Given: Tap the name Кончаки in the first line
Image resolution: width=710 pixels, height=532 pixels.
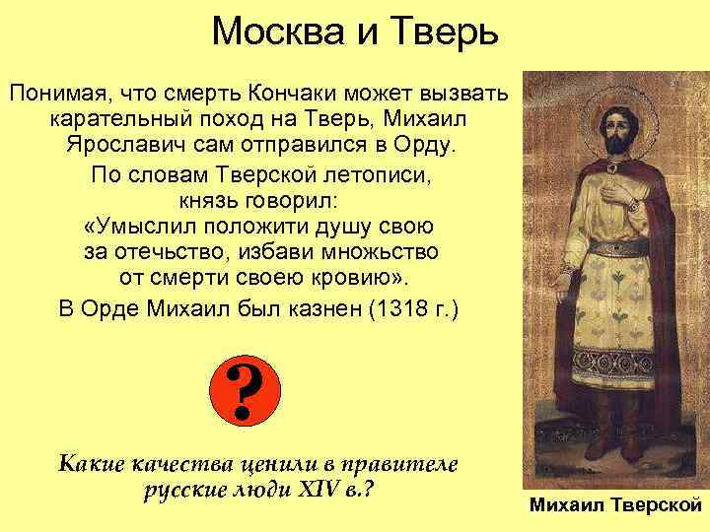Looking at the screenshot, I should click(294, 95).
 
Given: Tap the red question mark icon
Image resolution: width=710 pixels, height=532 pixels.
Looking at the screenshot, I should click(247, 391).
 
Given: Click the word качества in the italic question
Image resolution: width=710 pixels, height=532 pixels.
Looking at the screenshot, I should click(174, 463).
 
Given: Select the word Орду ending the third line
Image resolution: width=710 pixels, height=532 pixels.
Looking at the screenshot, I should click(425, 146).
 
